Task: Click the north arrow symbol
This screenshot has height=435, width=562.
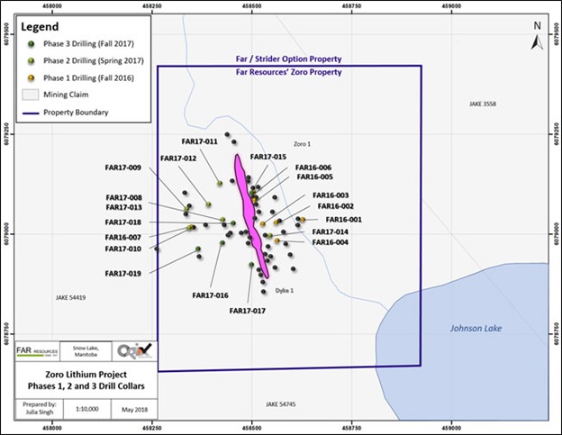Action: [x=537, y=37]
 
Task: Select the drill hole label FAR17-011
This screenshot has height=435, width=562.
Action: [x=199, y=141]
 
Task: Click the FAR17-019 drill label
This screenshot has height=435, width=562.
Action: [x=123, y=273]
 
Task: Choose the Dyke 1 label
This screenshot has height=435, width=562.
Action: [x=285, y=290]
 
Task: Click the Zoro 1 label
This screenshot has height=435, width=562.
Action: [x=302, y=144]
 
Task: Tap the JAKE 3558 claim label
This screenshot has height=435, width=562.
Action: [x=483, y=104]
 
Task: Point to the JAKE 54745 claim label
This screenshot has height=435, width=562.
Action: [x=280, y=403]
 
